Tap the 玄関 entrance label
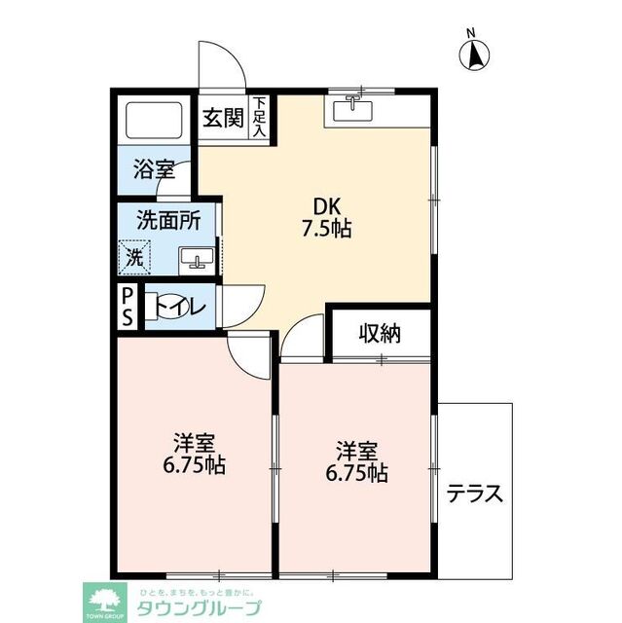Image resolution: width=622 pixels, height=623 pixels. pos(222,118)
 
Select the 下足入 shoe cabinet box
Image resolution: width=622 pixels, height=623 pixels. pos(260,117)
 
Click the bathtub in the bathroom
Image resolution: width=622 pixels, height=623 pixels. pos(156,122)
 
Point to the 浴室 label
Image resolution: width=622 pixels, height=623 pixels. pos(155,169)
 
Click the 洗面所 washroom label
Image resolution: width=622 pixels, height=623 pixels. pos(168,220)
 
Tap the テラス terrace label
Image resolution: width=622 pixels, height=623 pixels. pos(475,494)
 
